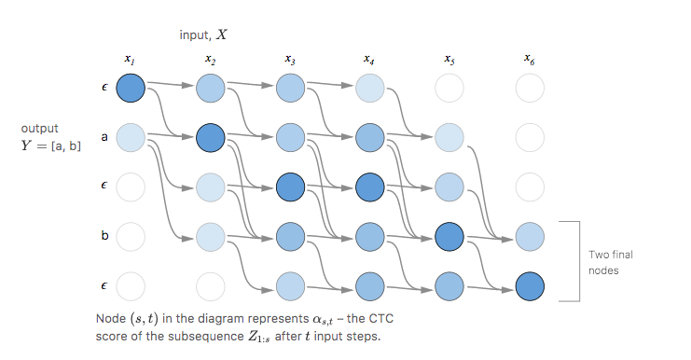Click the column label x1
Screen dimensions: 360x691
(131, 61)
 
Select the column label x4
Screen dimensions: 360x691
(370, 61)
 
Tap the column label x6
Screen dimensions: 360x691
(530, 61)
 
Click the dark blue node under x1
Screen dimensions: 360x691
(131, 90)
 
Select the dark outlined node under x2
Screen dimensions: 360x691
(210, 138)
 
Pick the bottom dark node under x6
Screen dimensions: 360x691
(530, 284)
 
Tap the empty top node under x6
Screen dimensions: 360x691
(530, 90)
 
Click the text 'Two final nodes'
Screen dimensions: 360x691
(610, 261)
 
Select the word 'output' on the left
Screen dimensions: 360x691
(39, 127)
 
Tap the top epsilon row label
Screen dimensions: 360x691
(104, 90)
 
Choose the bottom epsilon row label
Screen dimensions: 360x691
(104, 284)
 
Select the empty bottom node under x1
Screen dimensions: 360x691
(131, 284)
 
